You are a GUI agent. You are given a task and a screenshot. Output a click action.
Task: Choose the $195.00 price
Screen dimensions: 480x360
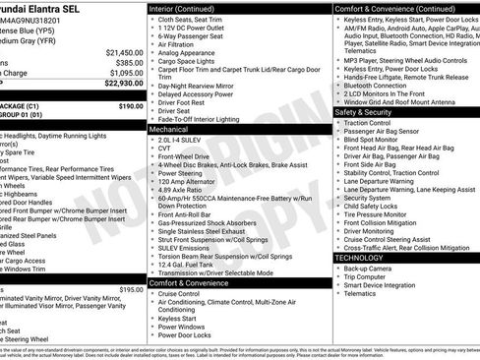coord(130,290)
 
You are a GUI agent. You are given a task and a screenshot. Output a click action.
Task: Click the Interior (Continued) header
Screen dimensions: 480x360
coord(187,7)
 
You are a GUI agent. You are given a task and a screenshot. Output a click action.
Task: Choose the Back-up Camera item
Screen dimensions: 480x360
coord(369,268)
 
